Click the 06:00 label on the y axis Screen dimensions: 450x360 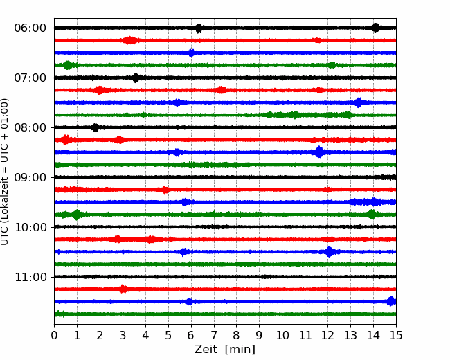coord(30,28)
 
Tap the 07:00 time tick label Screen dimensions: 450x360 coord(30,78)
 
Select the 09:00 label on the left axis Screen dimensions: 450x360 coord(30,177)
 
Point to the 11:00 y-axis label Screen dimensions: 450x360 coord(30,277)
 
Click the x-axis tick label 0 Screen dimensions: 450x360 coord(54,335)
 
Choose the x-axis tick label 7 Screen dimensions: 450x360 coord(214,335)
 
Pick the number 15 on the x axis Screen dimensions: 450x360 coord(396,335)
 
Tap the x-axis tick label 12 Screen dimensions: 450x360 coord(327,335)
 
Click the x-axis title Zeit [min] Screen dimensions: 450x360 coord(225,350)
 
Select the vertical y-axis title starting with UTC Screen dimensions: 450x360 coord(5,172)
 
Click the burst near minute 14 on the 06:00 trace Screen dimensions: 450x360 coord(375,28)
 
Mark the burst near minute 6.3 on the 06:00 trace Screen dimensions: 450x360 coord(199,28)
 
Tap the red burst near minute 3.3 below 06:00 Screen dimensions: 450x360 coord(131,40)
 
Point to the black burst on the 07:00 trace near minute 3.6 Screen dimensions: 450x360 coord(136,78)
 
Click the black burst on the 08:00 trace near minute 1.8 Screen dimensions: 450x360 coord(96,127)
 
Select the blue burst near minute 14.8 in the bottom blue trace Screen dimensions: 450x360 coord(391,301)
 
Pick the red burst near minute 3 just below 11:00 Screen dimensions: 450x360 coord(123,289)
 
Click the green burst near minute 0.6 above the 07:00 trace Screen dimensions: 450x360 coord(68,65)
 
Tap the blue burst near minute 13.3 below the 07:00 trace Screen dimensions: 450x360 coord(358,102)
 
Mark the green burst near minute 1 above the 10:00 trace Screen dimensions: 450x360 coord(77,215)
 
